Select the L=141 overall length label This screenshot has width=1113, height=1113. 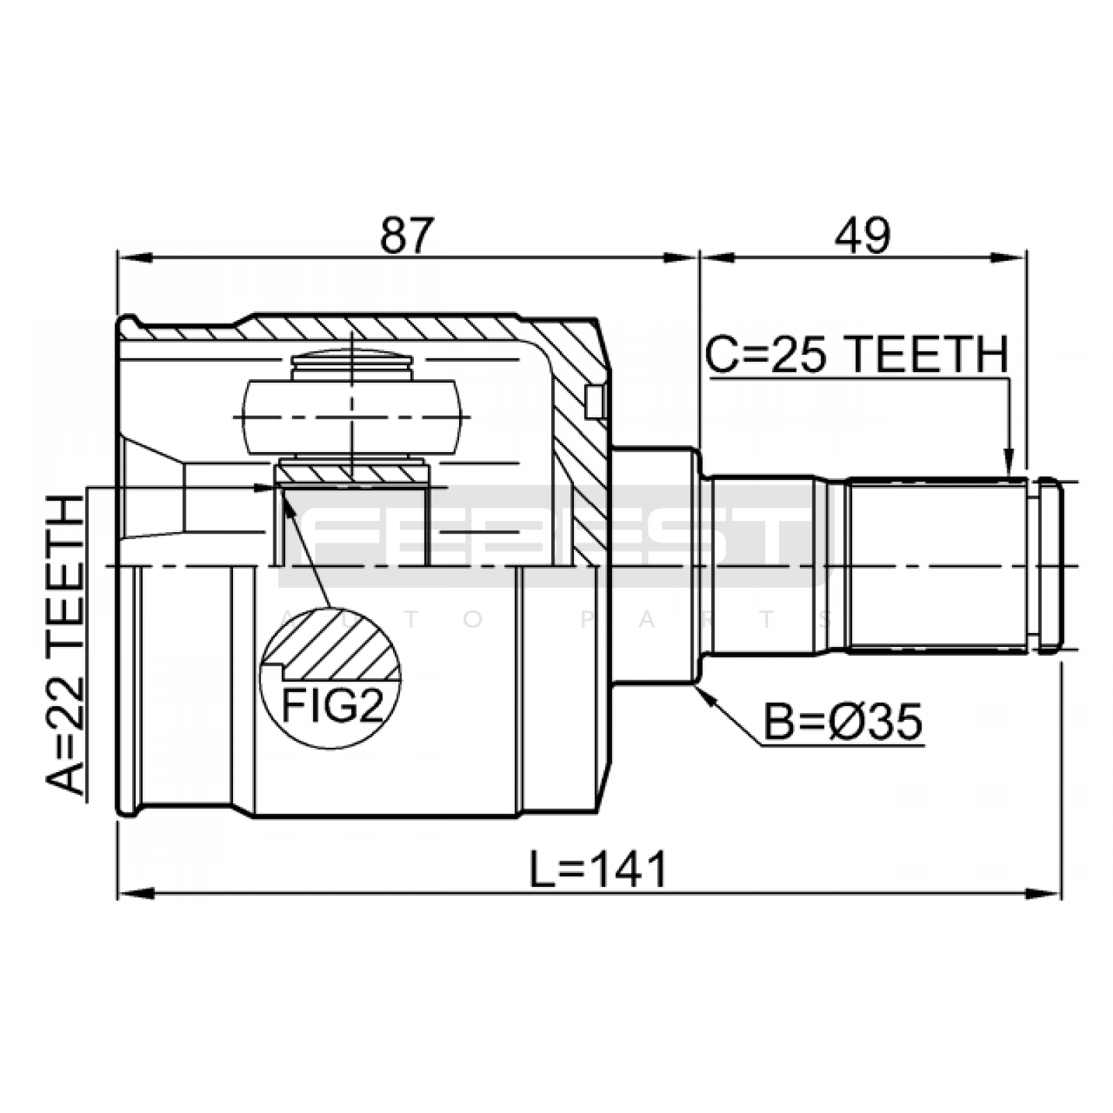[598, 869]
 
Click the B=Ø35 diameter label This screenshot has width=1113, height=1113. [843, 721]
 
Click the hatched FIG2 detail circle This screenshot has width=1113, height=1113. [330, 678]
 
